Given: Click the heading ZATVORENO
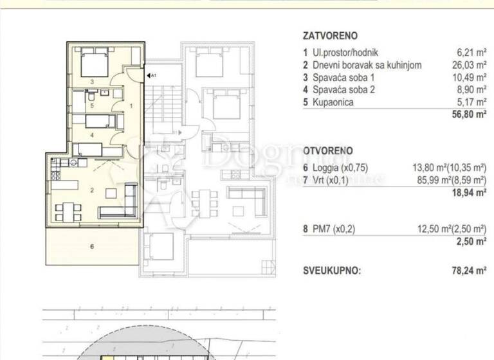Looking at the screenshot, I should coord(329,37).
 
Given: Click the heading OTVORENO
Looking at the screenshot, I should coord(327,151).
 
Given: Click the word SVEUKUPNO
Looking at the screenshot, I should coord(332,271).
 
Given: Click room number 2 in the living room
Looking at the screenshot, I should coord(92,190).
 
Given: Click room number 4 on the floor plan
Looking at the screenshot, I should coord(92,135).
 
